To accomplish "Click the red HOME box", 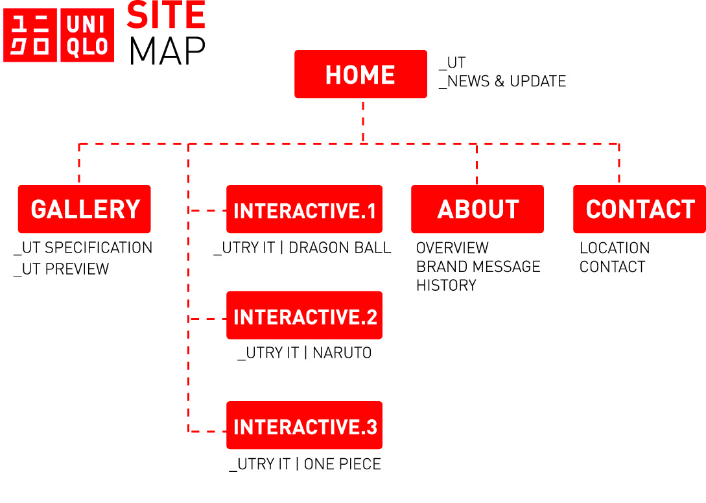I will click(x=360, y=74).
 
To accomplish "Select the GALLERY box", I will click(x=84, y=209).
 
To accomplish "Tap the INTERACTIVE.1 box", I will click(x=304, y=209).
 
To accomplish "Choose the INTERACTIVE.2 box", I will click(x=304, y=315).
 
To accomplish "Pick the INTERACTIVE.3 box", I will click(x=304, y=425).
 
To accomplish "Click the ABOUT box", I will click(x=477, y=209).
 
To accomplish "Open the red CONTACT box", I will click(x=639, y=209).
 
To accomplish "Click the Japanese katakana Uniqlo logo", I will click(x=30, y=35).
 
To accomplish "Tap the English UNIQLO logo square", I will click(x=87, y=35).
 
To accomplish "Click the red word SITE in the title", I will click(x=166, y=15).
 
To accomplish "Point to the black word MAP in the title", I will click(x=167, y=50).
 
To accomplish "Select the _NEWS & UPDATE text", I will click(x=502, y=81).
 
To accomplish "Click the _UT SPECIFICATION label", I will click(x=83, y=248).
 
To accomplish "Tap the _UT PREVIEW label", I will click(x=62, y=269).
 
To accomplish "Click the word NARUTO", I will click(x=342, y=353).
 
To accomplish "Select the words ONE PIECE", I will click(x=342, y=464).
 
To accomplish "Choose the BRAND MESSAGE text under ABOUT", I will click(x=478, y=267).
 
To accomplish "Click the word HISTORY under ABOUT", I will click(x=446, y=286).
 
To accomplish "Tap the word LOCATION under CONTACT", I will click(x=614, y=248).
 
